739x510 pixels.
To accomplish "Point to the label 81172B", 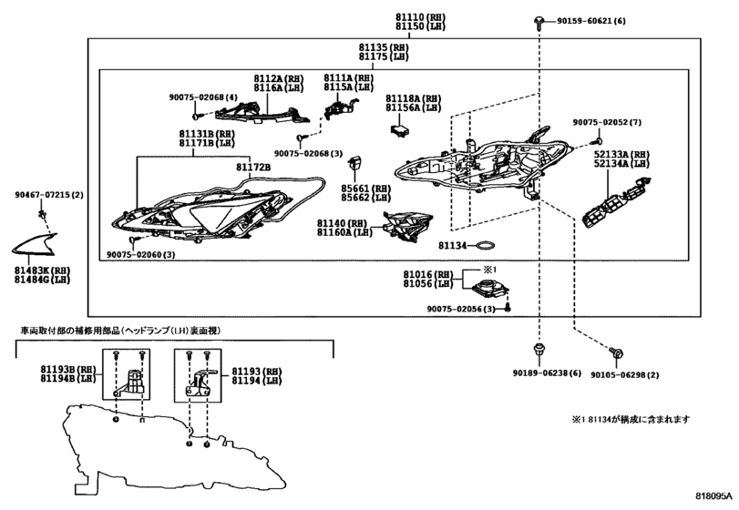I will click(253, 168).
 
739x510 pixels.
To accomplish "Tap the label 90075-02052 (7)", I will click(607, 122).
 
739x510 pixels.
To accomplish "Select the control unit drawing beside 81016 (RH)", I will click(490, 290).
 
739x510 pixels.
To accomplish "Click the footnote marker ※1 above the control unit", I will click(488, 270).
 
